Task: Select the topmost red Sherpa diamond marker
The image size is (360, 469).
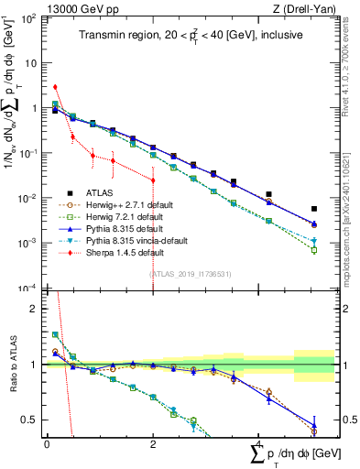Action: tap(55, 87)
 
